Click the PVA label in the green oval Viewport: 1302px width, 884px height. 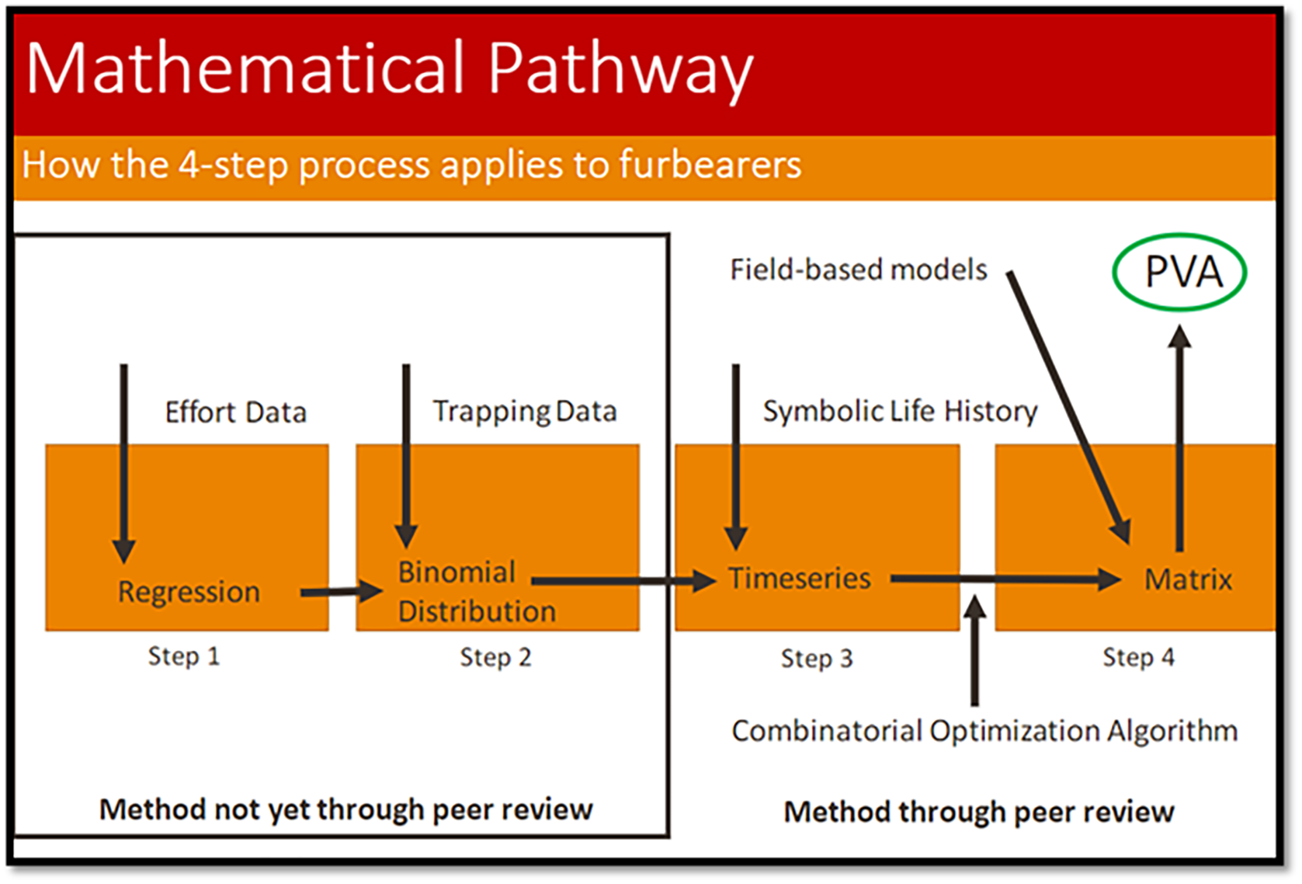1182,272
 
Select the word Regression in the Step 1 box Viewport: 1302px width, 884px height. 189,592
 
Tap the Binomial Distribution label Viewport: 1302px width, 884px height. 476,592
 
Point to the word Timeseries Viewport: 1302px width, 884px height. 799,579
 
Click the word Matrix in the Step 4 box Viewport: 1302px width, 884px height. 1188,579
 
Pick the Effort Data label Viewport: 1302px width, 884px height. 236,412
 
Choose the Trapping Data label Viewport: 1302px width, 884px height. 525,411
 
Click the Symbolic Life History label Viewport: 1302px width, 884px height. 900,411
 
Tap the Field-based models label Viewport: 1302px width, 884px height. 859,270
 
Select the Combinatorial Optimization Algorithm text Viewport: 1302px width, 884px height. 984,731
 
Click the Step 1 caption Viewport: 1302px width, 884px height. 184,656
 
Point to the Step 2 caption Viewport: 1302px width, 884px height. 495,657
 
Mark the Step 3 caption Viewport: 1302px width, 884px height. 817,659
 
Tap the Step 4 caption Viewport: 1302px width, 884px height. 1138,657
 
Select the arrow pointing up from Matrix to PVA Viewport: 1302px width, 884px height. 1179,435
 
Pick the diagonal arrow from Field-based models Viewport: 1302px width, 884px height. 1068,404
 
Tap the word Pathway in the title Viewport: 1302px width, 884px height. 620,68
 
